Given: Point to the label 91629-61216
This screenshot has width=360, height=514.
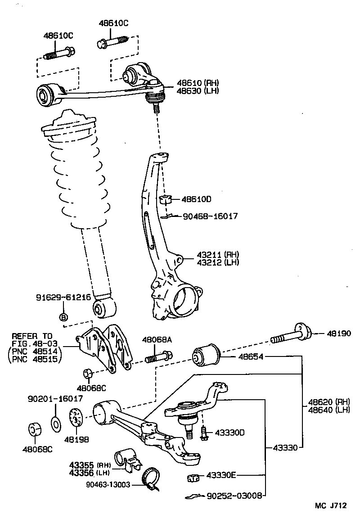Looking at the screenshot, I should (63, 298).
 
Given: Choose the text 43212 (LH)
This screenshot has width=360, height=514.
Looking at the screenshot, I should (217, 262).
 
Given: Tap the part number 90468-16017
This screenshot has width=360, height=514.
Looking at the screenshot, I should (210, 216).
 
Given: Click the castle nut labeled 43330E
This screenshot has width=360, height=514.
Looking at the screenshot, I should (193, 478).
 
